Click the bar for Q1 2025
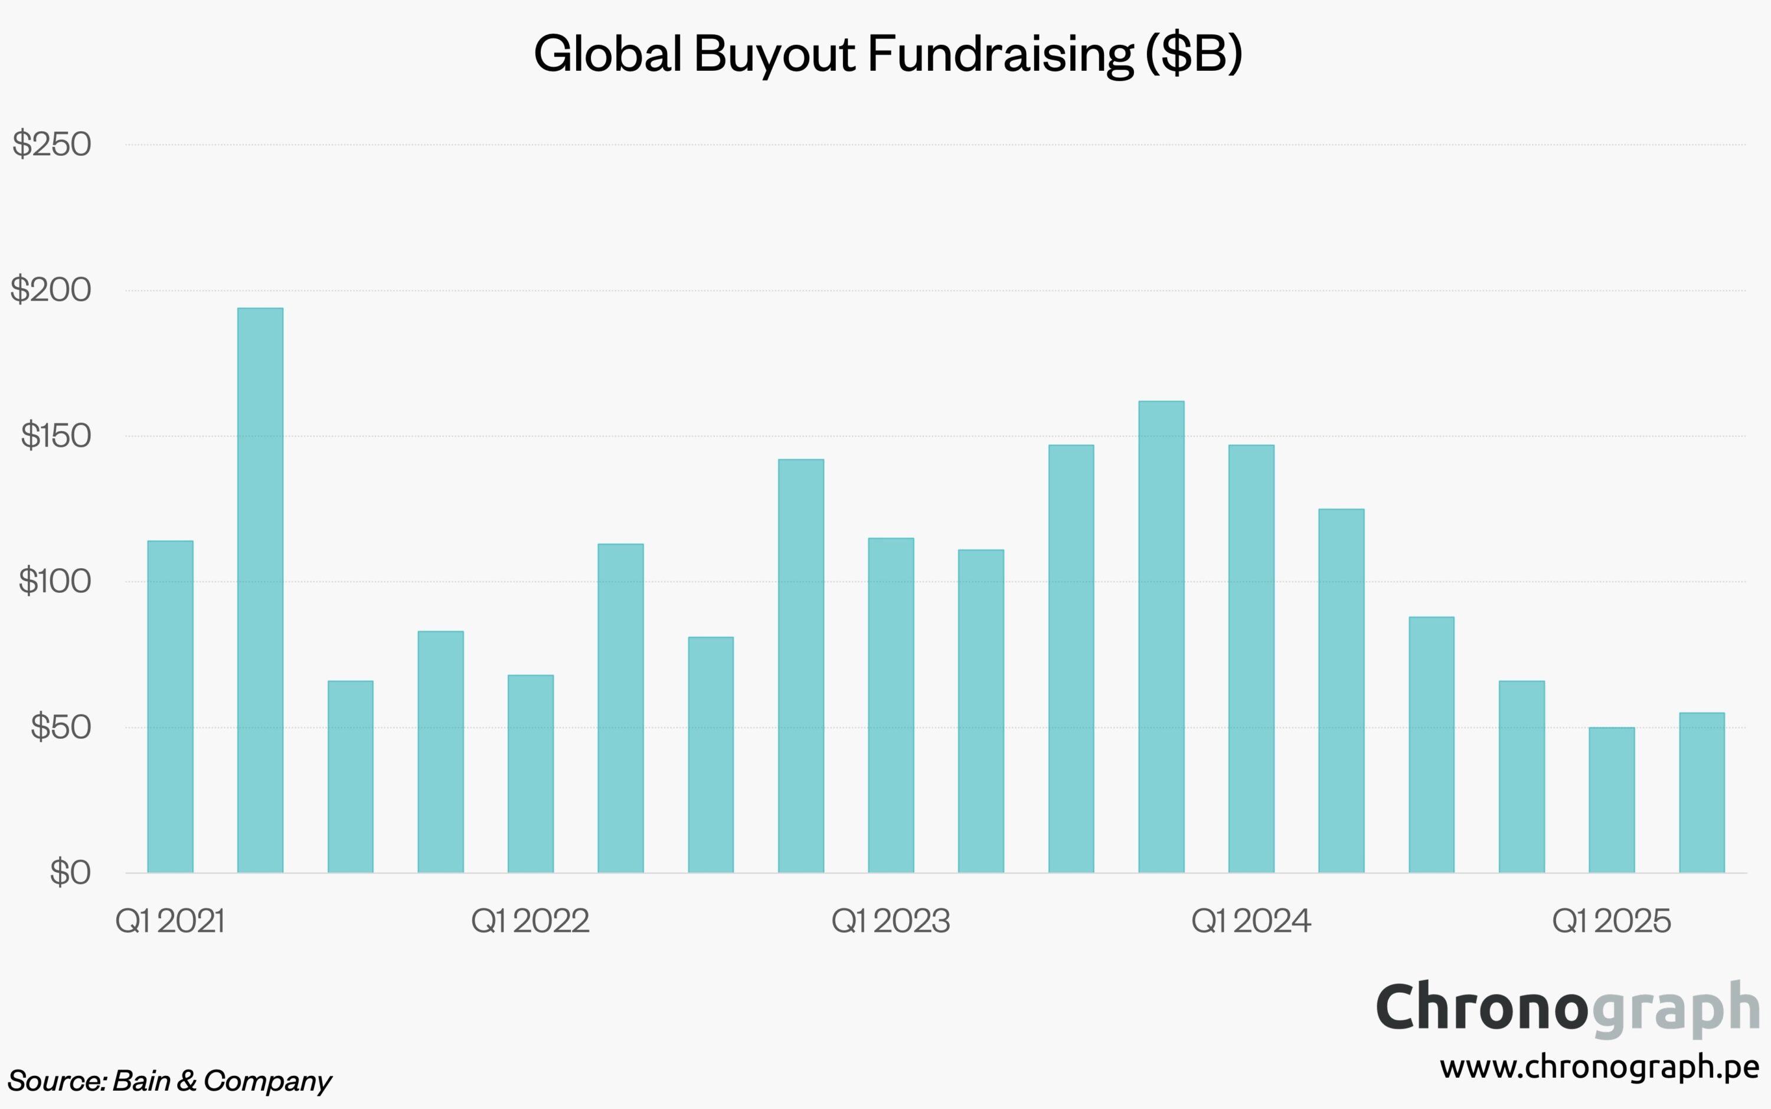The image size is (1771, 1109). (1611, 800)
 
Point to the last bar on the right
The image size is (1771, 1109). (1701, 792)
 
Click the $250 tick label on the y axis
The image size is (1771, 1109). (52, 143)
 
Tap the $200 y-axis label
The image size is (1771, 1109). (51, 290)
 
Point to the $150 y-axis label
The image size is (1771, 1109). (55, 436)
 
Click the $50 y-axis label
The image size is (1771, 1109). (60, 727)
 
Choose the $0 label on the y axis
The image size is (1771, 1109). (70, 873)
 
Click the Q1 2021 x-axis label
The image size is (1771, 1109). (170, 921)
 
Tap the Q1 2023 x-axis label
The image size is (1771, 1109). (891, 921)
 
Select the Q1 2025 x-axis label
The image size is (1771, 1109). (1611, 921)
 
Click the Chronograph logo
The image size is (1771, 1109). (1567, 1009)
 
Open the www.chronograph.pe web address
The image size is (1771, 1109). (1599, 1067)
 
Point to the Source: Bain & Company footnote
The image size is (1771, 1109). (169, 1081)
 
